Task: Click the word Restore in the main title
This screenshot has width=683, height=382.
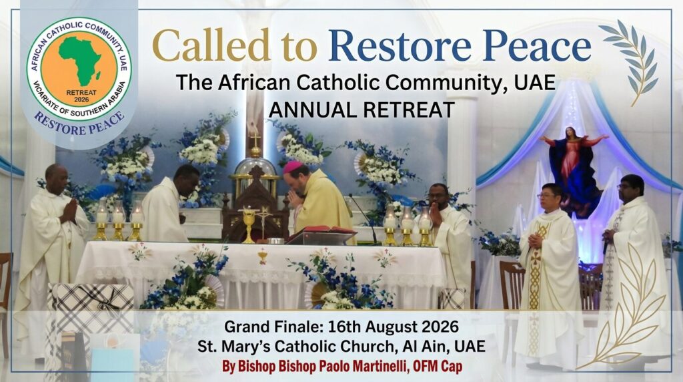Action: [x=400, y=45]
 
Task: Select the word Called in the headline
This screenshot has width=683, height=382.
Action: [x=211, y=45]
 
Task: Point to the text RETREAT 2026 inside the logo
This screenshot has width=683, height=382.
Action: [x=81, y=96]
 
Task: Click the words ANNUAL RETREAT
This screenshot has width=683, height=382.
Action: [x=362, y=110]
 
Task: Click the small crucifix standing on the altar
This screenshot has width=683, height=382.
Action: [x=263, y=223]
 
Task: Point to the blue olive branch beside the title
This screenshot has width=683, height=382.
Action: [x=631, y=61]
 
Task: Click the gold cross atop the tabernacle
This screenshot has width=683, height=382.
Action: [x=255, y=140]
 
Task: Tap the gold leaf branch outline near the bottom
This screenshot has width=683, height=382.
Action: [x=627, y=305]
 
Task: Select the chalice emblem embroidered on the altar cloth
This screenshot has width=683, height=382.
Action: [x=262, y=256]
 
